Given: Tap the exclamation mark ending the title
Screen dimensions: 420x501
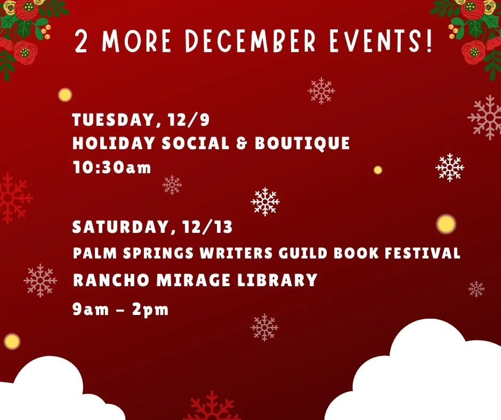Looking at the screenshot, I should (430, 41).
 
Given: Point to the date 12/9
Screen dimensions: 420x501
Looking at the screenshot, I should (187, 120).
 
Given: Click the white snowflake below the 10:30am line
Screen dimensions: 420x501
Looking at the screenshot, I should (265, 202).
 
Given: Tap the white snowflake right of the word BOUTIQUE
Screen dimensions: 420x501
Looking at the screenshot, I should (450, 167).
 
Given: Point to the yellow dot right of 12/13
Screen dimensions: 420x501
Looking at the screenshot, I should (446, 224).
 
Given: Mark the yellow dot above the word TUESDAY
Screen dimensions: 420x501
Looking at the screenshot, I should (65, 95).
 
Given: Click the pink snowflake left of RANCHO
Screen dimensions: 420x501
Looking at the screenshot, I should (41, 280).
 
